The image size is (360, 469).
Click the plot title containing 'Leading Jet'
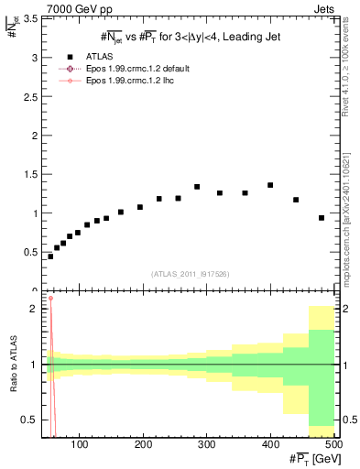pos(190,36)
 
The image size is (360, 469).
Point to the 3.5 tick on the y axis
pos(29,18)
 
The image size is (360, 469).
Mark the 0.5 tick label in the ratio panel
pos(29,420)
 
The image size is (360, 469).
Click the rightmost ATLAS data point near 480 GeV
pos(322,218)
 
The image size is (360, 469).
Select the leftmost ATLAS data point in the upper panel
pos(50,256)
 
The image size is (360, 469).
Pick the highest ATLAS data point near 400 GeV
pos(270,185)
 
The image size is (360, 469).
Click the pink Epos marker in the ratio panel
pos(50,298)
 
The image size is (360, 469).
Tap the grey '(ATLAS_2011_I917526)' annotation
pos(190,274)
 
